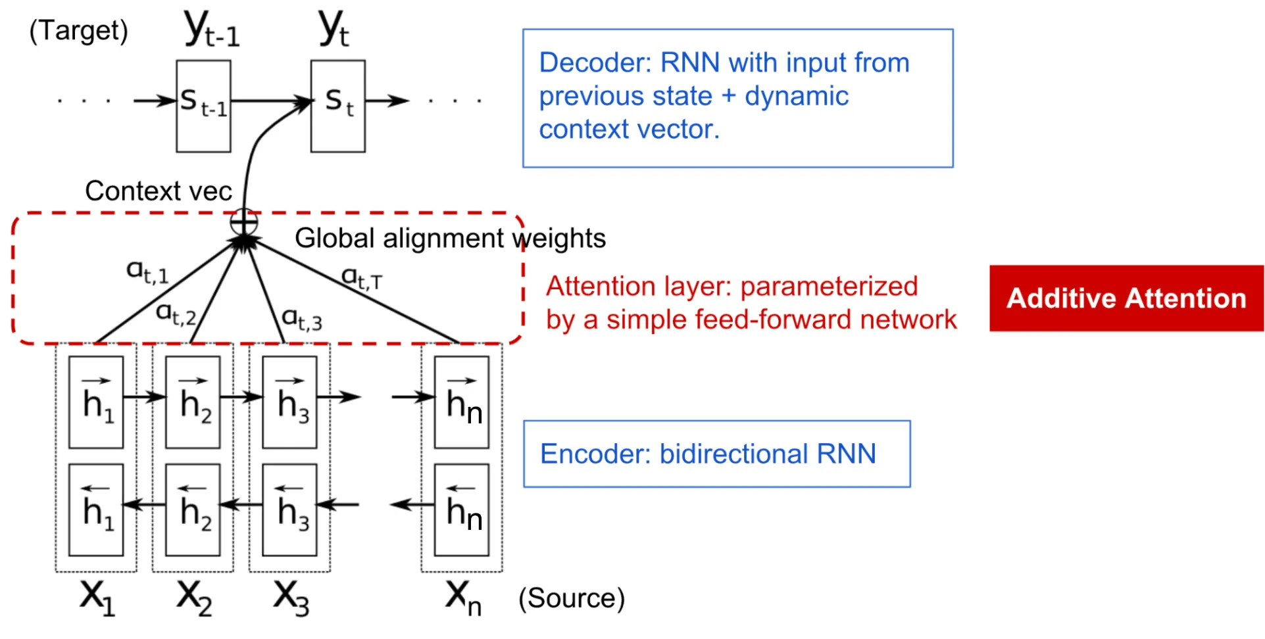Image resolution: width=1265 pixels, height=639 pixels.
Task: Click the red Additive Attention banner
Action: [x=1126, y=298]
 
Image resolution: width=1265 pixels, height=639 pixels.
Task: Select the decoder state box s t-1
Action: [x=203, y=106]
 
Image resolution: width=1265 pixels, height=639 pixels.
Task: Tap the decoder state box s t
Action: [x=337, y=106]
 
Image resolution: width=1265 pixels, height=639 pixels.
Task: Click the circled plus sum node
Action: [x=243, y=222]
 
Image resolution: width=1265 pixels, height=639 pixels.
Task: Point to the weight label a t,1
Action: [x=147, y=272]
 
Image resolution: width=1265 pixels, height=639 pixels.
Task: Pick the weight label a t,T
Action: [x=362, y=278]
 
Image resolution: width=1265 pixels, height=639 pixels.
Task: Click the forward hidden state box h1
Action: [x=96, y=402]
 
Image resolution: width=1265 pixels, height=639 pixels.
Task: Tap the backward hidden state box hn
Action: [x=462, y=510]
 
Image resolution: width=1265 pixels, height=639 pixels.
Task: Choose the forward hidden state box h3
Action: [x=289, y=402]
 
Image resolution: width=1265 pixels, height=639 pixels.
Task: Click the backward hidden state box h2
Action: [x=193, y=510]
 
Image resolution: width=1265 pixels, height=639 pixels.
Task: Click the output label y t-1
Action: [x=212, y=30]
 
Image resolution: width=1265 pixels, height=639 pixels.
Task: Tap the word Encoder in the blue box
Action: [x=595, y=454]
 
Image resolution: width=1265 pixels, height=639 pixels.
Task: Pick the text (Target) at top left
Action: [x=79, y=31]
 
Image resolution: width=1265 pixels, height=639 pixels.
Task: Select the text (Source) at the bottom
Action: [x=571, y=598]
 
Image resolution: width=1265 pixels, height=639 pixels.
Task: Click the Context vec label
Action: [x=159, y=191]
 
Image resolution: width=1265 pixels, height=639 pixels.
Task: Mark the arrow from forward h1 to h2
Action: [x=144, y=397]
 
